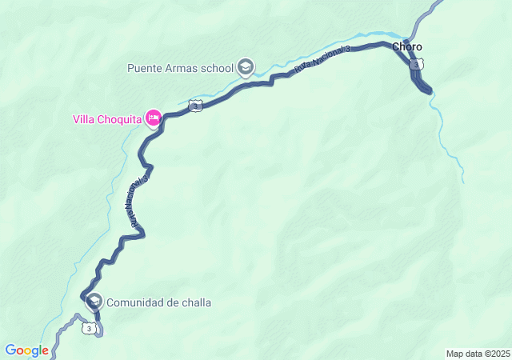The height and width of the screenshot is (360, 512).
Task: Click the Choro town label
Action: coord(406,47)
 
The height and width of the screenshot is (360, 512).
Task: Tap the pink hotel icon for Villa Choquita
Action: coord(153,119)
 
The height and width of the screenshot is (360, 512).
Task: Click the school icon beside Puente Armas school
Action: coord(246,66)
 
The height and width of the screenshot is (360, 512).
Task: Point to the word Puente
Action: coord(145,67)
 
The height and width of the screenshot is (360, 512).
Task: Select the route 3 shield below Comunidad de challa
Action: coord(90,328)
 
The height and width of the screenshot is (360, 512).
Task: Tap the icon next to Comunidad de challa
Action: coord(94,302)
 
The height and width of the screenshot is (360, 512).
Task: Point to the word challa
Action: coord(197,302)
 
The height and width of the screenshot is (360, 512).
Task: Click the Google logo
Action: coord(26,350)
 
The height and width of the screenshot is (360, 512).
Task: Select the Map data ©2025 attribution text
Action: coord(478,354)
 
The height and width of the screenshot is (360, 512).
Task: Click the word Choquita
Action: coord(119,120)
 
